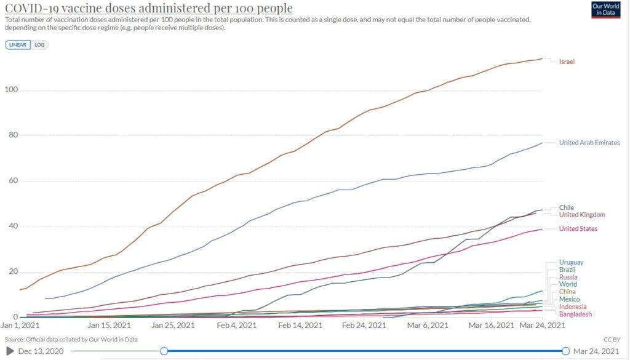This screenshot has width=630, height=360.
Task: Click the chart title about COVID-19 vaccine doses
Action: (x=148, y=8)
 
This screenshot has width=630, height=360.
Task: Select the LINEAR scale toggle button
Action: (x=18, y=45)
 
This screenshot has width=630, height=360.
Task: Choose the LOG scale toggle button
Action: (x=40, y=45)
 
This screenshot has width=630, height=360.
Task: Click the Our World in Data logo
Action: (x=606, y=9)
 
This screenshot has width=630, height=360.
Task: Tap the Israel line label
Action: (x=566, y=62)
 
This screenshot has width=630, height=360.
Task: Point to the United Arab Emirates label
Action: (x=589, y=143)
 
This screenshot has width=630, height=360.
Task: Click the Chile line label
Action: (x=566, y=208)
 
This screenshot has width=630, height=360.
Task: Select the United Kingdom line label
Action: (x=582, y=215)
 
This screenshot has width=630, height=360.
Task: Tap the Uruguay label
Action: (x=572, y=263)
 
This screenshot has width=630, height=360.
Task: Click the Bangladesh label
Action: (x=575, y=314)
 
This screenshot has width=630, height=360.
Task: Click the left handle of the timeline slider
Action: (x=164, y=351)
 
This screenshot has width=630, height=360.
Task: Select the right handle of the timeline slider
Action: (x=565, y=351)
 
